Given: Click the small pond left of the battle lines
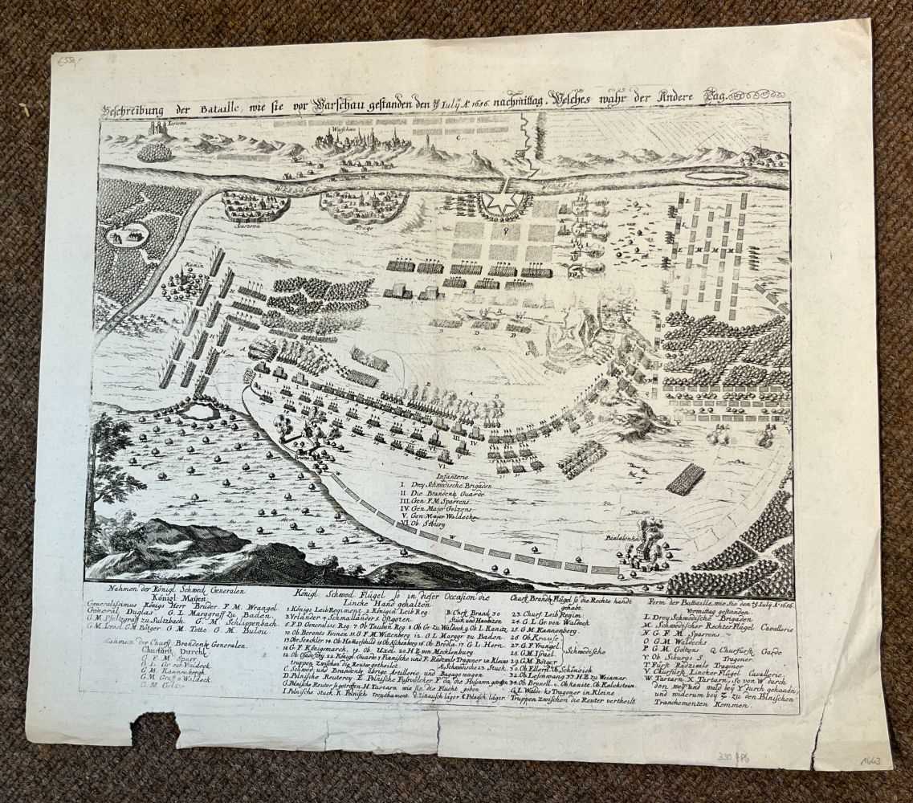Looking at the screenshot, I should coord(198,412).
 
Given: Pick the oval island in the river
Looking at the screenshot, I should coord(705,175).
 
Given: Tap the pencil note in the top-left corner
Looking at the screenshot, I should coord(65,60).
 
